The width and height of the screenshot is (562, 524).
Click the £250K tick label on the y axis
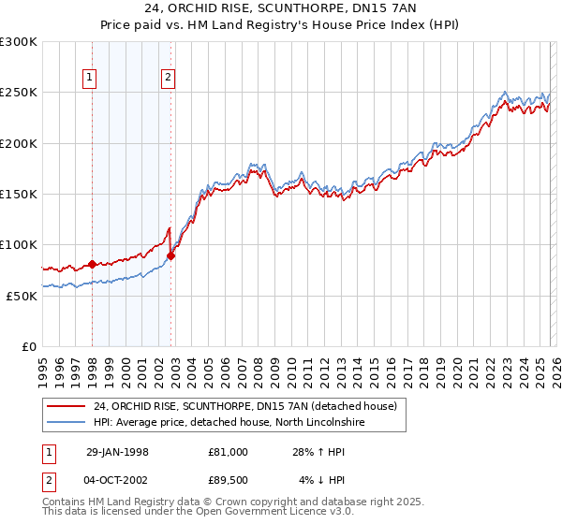18,93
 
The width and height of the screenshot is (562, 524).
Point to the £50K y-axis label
22,296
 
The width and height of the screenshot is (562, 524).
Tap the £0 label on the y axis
29,346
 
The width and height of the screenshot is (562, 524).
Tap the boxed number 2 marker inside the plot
168,79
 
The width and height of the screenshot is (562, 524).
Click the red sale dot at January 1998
92,264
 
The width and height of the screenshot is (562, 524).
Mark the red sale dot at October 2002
170,255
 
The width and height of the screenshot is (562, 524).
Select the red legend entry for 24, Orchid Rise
245,406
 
